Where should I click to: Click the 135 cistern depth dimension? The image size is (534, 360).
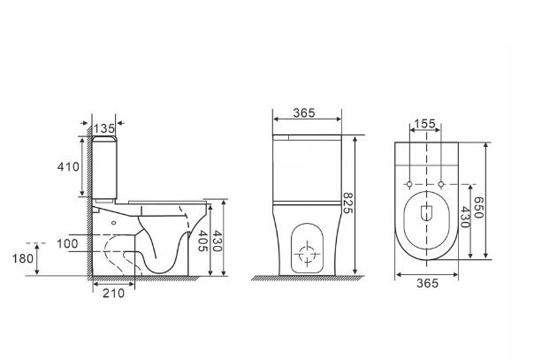103,129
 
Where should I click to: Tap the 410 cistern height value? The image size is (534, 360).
68,167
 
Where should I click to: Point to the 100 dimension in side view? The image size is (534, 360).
67,244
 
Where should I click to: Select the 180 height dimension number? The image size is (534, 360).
23,259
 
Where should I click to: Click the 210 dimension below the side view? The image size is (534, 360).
114,294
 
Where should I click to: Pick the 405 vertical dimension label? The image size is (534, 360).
203,241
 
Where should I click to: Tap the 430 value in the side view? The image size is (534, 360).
217,241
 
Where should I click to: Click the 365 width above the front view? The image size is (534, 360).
304,112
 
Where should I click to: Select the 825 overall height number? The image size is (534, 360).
347,203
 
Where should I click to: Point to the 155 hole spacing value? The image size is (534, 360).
424,124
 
